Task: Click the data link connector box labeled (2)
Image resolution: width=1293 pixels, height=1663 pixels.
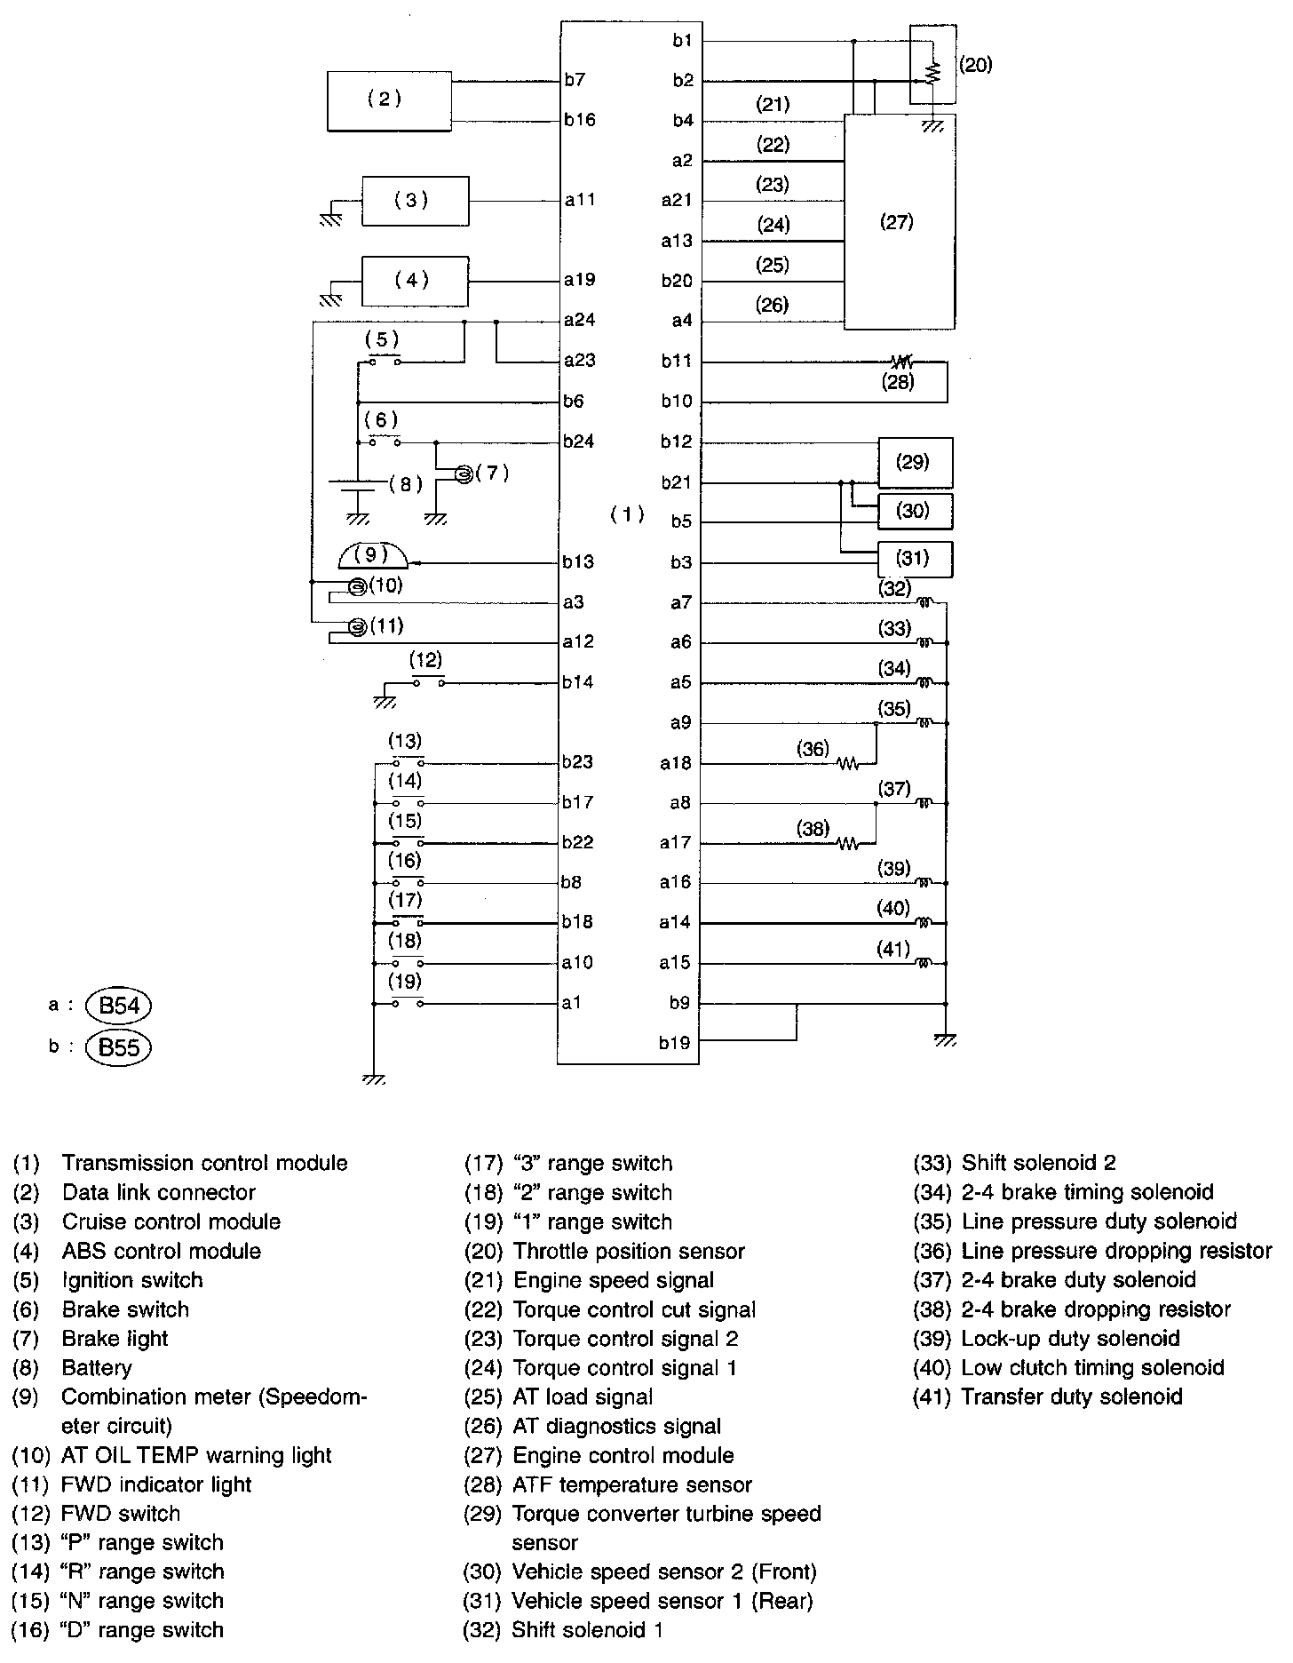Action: tap(389, 100)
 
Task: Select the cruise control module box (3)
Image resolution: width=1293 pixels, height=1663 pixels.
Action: tap(415, 201)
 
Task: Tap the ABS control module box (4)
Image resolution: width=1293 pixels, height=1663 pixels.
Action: tap(415, 281)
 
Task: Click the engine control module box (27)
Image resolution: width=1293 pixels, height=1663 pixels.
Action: tap(898, 222)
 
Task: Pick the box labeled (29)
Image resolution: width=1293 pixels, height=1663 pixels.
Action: tap(915, 462)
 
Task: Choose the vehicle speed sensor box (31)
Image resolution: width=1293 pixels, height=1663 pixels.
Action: tap(915, 559)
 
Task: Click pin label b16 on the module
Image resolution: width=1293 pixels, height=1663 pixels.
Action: tap(579, 120)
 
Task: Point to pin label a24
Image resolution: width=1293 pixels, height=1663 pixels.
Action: tap(579, 320)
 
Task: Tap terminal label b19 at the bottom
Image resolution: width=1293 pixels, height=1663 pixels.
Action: tap(674, 1043)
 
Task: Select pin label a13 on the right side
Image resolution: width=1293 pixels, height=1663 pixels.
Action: tap(676, 241)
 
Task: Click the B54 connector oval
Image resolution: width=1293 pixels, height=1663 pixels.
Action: tap(119, 1007)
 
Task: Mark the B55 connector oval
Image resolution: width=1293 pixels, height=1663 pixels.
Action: tap(119, 1047)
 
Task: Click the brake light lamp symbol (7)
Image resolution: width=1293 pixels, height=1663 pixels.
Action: tap(463, 474)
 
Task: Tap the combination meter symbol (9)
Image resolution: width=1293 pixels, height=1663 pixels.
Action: tap(373, 557)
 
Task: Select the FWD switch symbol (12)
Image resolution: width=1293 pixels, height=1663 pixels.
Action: tap(428, 682)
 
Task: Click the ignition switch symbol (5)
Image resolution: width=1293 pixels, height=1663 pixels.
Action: tap(385, 360)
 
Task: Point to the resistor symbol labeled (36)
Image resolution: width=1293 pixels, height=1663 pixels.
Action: tap(847, 763)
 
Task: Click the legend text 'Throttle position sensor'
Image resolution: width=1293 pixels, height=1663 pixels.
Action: tap(629, 1252)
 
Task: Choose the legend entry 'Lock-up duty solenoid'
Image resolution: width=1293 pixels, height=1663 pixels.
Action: tap(1070, 1339)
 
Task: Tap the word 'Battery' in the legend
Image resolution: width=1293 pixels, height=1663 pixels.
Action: tap(97, 1368)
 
